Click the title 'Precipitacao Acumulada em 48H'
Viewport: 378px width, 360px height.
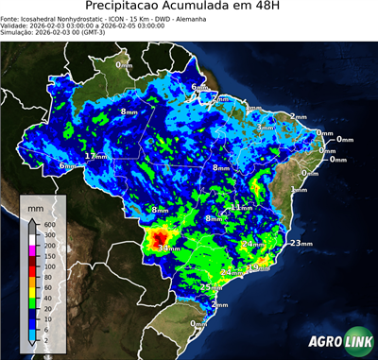coord(188,8)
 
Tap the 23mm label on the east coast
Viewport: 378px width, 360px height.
coord(301,244)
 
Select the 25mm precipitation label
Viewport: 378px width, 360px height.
coord(212,286)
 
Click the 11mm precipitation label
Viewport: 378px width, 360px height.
coord(242,207)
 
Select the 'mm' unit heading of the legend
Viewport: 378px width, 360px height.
coord(34,205)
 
